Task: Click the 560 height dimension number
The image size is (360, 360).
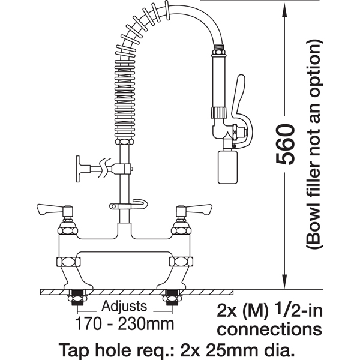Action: click(285, 145)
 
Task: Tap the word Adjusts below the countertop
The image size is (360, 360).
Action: click(124, 306)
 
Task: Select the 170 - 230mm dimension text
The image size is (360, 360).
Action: click(124, 324)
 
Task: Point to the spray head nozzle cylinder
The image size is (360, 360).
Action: click(227, 167)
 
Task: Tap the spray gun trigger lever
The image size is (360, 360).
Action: click(242, 110)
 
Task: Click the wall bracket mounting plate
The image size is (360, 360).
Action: click(79, 169)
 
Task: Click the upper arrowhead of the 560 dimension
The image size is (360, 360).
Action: click(284, 11)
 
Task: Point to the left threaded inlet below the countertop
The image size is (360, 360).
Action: click(77, 298)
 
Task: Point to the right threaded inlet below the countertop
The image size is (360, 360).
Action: click(172, 298)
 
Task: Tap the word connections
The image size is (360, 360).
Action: click(269, 329)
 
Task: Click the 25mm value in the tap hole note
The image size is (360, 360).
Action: click(224, 350)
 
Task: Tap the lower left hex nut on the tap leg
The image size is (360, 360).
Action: click(68, 262)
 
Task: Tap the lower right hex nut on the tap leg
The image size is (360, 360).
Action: click(181, 262)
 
